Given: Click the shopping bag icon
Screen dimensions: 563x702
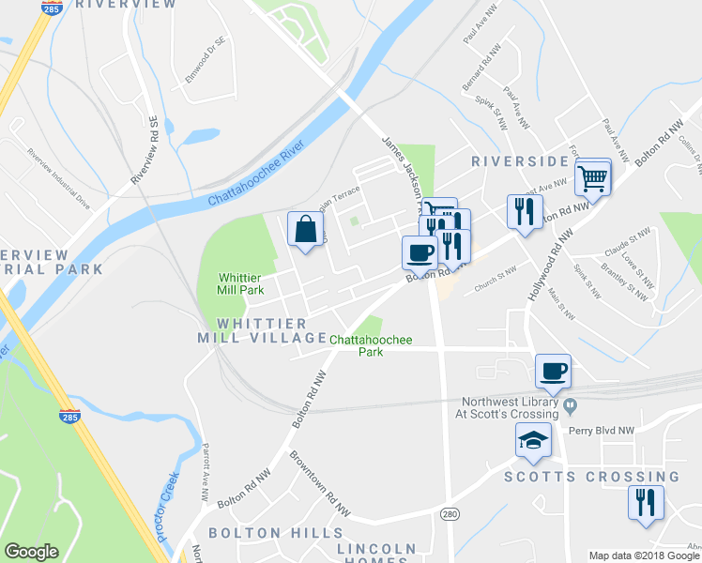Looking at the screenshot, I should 306,230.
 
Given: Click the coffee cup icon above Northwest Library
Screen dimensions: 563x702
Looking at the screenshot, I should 553,371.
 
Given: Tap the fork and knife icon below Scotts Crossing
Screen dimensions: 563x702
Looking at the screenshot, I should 646,502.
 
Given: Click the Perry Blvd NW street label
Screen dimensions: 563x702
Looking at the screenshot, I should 603,431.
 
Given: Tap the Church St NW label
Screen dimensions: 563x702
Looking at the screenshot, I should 496,279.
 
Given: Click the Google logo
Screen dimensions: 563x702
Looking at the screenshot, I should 31,552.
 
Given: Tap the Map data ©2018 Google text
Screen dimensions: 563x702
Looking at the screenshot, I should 644,555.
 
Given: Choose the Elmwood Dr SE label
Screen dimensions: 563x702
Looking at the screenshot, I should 206,58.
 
